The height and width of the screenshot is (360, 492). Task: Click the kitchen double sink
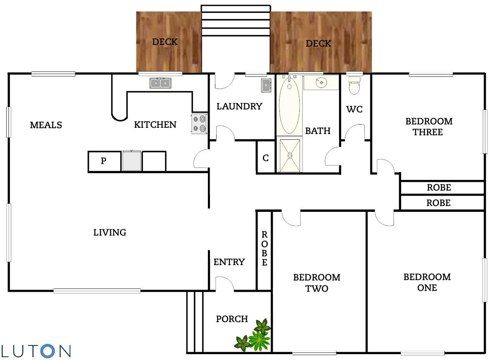click(160, 83)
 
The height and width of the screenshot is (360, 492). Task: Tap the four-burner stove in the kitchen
click(200, 124)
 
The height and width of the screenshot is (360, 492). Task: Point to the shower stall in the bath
click(290, 154)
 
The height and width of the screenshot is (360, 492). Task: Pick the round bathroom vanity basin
click(321, 82)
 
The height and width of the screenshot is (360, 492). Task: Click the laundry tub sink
click(266, 85)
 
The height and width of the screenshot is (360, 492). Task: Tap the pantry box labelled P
click(104, 161)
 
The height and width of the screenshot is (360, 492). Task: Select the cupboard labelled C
click(266, 158)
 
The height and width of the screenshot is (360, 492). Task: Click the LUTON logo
click(35, 350)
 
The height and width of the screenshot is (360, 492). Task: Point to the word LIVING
click(110, 232)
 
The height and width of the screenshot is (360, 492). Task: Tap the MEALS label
click(46, 125)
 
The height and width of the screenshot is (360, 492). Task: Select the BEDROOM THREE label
click(429, 127)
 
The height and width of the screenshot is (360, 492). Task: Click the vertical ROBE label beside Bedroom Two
click(264, 249)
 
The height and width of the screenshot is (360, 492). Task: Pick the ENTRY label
click(229, 262)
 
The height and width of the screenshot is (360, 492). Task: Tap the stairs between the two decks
click(236, 21)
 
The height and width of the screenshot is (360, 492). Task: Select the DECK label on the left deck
click(165, 42)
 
